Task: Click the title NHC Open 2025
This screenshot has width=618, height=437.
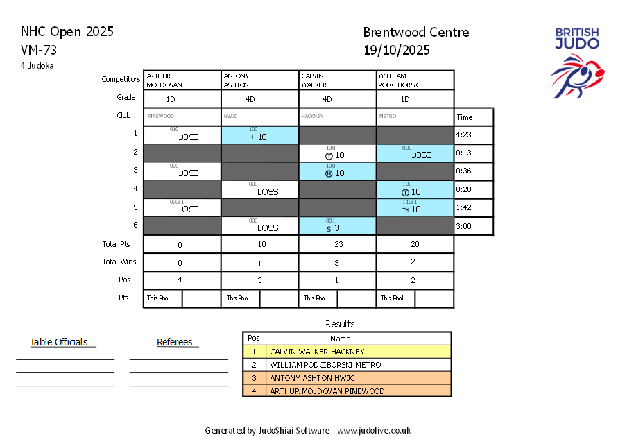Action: (67, 32)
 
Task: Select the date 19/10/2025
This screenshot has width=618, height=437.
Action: (396, 50)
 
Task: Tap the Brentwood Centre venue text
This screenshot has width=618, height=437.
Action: (415, 33)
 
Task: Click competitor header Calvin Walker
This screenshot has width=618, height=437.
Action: (337, 80)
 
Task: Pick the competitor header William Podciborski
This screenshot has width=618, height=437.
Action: (415, 80)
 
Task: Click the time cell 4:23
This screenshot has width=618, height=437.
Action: (474, 135)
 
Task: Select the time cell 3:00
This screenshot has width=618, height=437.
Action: (474, 226)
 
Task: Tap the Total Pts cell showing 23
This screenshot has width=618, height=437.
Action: (337, 244)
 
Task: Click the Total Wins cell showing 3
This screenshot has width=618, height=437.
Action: (337, 262)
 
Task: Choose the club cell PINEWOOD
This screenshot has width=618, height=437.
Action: (182, 117)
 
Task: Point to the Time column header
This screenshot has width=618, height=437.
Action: (474, 117)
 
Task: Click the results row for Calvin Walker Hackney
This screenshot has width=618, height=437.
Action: (347, 352)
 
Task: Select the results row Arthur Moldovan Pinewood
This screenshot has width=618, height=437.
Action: (347, 391)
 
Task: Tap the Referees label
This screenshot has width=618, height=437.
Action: (178, 342)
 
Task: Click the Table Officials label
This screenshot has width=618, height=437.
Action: (62, 342)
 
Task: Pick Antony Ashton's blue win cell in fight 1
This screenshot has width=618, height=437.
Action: (259, 135)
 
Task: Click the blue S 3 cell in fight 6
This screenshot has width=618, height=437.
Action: (337, 226)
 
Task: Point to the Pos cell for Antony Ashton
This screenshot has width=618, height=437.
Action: (259, 280)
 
